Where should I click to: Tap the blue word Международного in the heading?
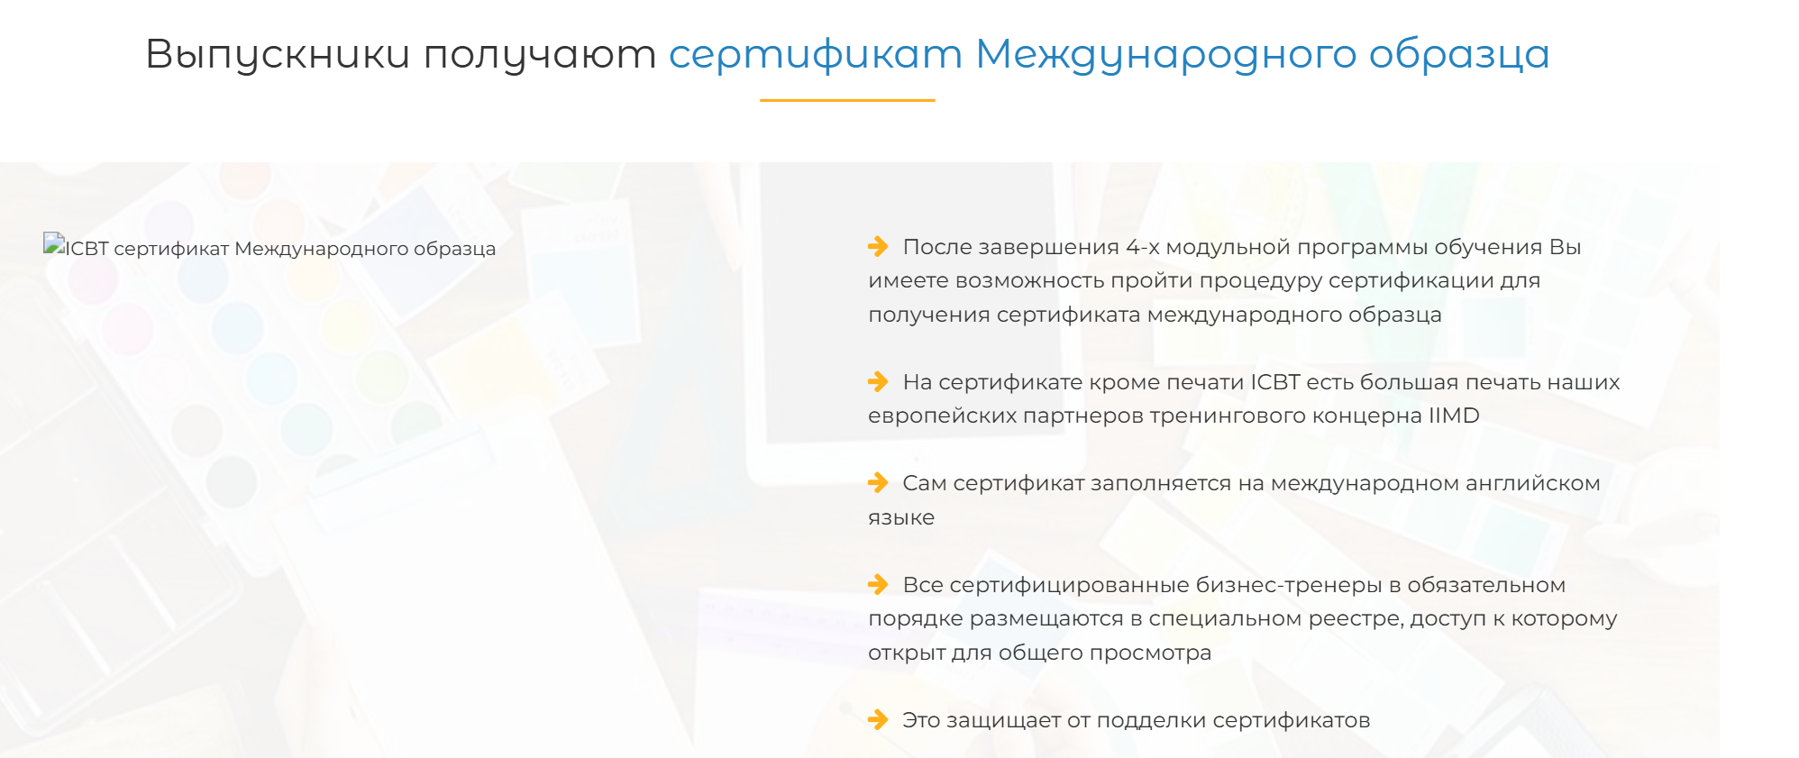coord(1166,54)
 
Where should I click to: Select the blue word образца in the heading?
coord(1459,54)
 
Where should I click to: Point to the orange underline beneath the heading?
coord(847,100)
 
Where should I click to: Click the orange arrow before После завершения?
coord(878,246)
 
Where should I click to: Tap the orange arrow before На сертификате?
coord(878,381)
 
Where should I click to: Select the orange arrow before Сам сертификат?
coord(878,482)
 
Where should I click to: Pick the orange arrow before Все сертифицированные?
coord(878,584)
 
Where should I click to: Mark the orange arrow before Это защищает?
coord(878,719)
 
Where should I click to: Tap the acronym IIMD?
coord(1454,416)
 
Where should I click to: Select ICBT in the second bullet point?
coord(1275,382)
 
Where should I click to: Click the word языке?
coord(901,518)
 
